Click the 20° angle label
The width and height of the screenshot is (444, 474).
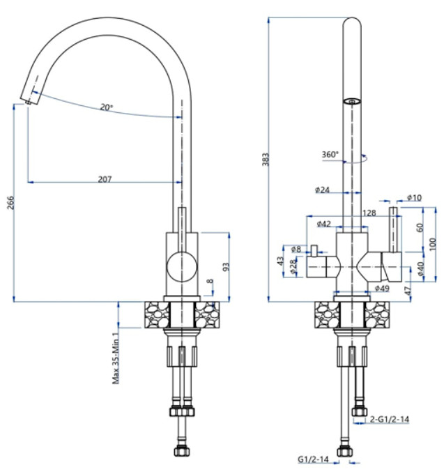point(106,107)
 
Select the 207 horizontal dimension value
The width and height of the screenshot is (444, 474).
point(105,179)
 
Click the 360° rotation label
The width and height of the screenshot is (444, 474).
point(330,154)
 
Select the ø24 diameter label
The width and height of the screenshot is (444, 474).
point(322,189)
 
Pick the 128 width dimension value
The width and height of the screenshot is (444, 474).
point(369,213)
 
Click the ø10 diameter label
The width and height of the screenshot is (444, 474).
point(414,197)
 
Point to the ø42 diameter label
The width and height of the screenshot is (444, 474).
point(323,224)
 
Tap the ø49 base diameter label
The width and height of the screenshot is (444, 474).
point(381,288)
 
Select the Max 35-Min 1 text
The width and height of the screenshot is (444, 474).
point(116,355)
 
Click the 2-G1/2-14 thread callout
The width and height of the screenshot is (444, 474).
point(390,419)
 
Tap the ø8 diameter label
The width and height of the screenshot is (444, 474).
point(296,249)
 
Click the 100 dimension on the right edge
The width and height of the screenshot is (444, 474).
point(433,244)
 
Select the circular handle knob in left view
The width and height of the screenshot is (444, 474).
point(181,266)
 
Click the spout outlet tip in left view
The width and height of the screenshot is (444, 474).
point(29,102)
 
